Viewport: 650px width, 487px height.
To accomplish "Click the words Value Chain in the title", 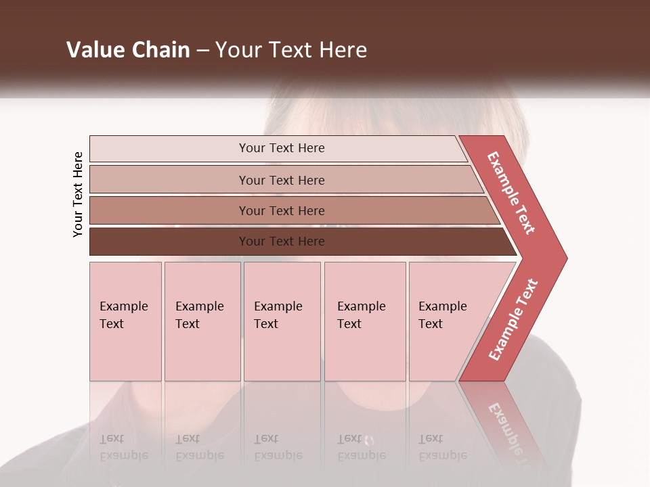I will click(128, 50).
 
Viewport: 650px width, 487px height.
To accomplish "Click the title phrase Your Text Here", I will click(291, 50).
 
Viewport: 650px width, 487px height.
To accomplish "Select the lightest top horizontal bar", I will click(278, 148).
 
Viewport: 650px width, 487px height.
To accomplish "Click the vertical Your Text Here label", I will click(78, 195).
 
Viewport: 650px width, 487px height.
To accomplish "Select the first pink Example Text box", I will click(125, 321).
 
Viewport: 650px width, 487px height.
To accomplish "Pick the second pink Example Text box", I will click(202, 321).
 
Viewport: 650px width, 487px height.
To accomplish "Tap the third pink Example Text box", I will click(282, 321).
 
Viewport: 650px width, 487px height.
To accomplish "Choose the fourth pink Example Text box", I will click(365, 321).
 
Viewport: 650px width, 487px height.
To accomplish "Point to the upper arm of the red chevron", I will click(511, 193).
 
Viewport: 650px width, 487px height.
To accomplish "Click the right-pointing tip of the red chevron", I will click(561, 258).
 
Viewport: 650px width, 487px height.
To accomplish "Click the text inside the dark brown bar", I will click(282, 241).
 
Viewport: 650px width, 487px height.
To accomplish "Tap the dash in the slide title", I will click(202, 51).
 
